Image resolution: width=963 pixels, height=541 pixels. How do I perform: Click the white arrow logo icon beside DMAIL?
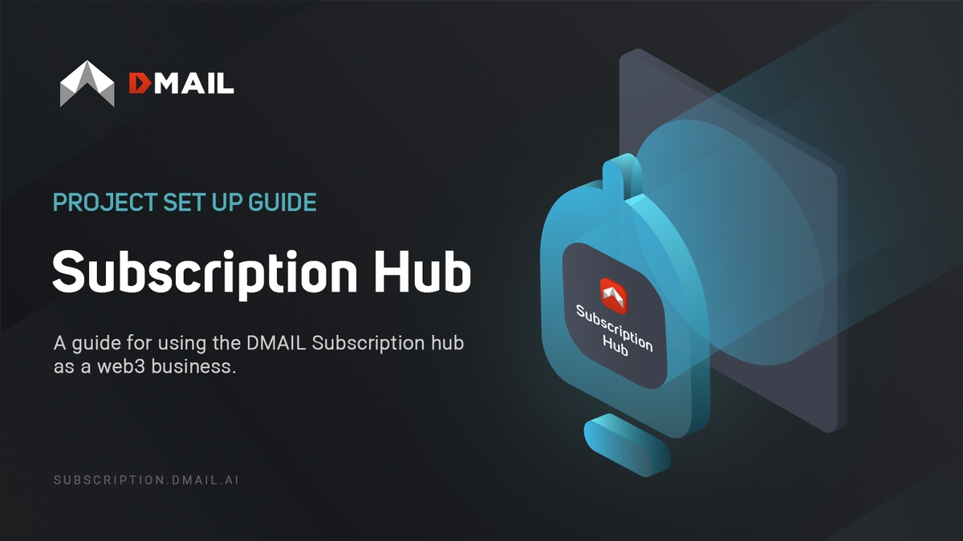tap(87, 83)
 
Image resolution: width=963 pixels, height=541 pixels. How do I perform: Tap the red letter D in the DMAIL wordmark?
tap(139, 83)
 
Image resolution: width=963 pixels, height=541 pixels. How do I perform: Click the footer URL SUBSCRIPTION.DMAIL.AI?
tap(146, 481)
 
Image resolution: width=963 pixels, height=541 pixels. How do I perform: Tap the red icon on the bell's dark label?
tap(613, 296)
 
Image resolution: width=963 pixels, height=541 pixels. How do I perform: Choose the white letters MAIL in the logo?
tap(193, 83)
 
